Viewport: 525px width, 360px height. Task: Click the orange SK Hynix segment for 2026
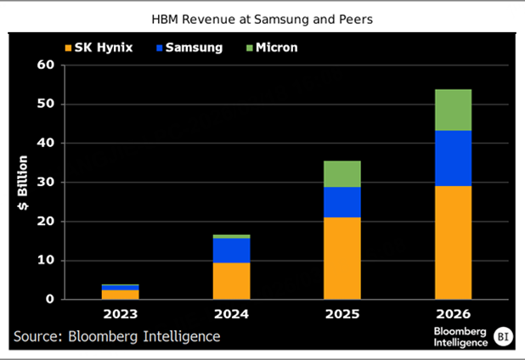pos(453,242)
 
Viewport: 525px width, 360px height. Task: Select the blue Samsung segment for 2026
pos(453,158)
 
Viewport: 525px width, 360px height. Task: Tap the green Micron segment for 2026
pos(453,110)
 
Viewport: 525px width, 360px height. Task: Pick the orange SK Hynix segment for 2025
pos(342,258)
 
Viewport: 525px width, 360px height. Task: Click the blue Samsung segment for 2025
pos(342,202)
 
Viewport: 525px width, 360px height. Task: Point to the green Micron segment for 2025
pos(342,174)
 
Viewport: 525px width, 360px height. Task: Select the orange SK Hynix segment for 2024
pos(231,281)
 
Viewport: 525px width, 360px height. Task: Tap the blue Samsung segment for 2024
pos(231,250)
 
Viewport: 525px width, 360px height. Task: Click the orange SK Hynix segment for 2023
pos(121,295)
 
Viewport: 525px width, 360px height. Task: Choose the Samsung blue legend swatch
pos(160,48)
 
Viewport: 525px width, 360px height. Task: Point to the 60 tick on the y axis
pos(44,65)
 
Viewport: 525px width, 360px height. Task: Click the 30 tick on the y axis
pos(44,183)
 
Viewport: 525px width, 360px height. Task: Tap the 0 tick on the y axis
pos(48,300)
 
